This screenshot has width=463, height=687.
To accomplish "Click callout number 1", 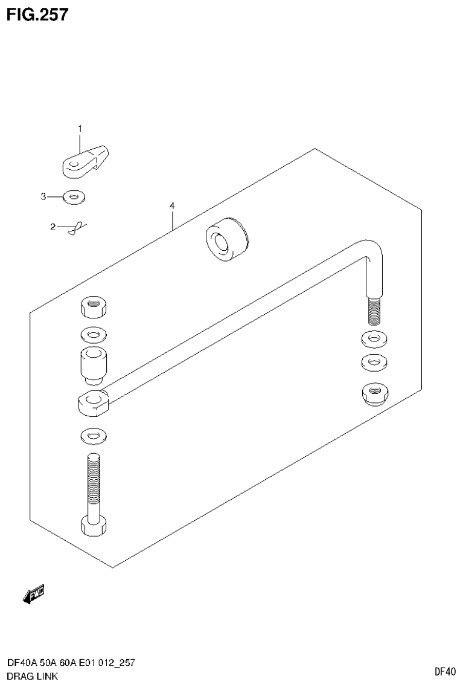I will coord(79,128).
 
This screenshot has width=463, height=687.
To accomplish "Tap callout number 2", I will coord(53,227).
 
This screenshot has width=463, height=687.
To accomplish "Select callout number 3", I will coord(43,196).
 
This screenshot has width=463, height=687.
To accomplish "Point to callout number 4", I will coord(172,207).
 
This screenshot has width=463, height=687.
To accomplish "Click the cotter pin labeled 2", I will coord(75,228).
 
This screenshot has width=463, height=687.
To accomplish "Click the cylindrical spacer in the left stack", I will coord(94,364).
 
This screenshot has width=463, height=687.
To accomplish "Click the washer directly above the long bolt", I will coord(94,434).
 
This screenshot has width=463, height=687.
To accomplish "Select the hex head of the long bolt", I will coord(94,526).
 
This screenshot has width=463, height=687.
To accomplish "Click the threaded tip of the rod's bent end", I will coord(374,309).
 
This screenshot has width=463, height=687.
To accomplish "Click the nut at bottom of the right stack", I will coord(374,395).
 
